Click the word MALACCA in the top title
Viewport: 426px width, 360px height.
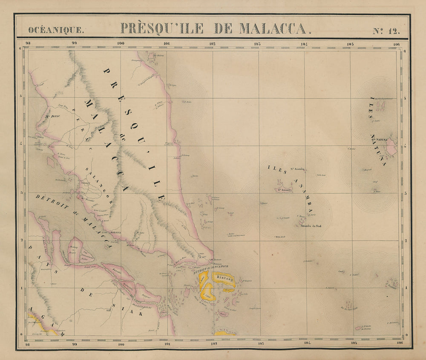click(x=273, y=28)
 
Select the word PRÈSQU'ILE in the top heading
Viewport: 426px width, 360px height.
click(x=162, y=28)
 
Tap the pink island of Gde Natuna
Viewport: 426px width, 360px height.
click(x=391, y=146)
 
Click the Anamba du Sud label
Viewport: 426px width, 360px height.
click(x=311, y=226)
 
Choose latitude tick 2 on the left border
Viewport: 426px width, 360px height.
click(x=21, y=240)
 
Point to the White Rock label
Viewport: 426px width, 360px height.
click(x=279, y=237)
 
